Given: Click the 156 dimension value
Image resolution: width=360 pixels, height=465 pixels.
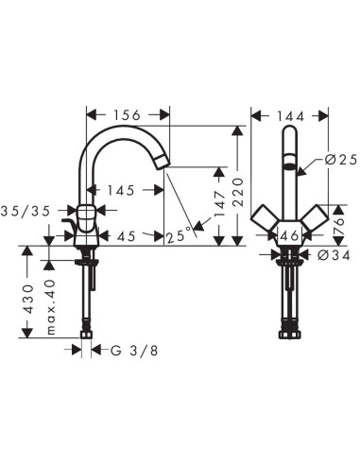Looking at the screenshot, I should pyautogui.click(x=128, y=114).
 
